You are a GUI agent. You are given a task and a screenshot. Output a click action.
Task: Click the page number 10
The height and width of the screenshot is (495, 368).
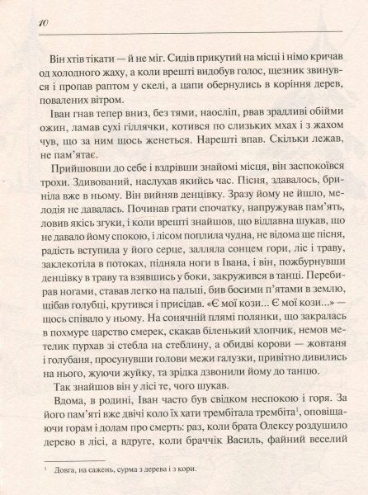tap(21, 21)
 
